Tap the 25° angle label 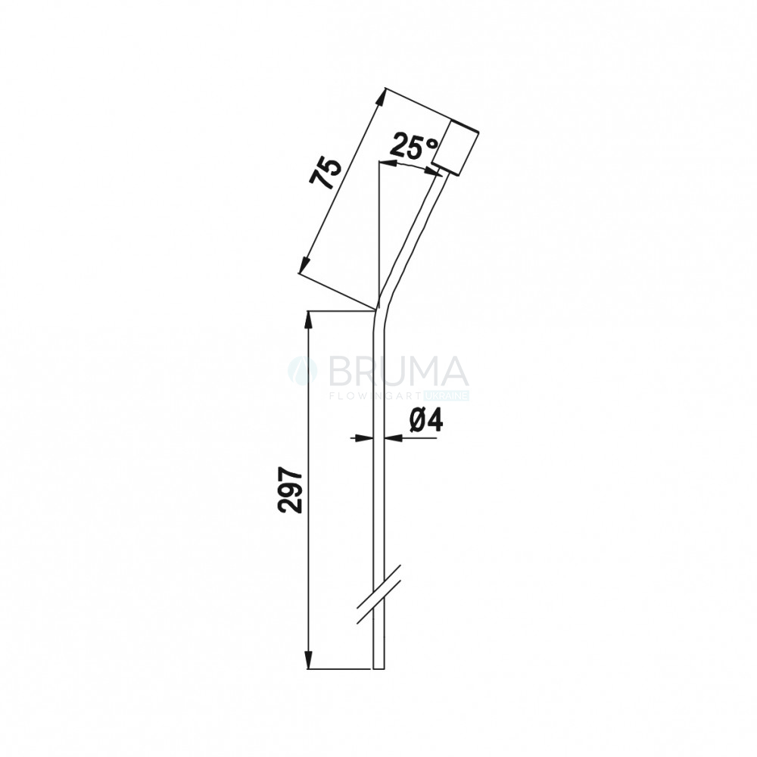415,145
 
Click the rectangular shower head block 455,148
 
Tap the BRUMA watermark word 398,372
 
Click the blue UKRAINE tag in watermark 447,397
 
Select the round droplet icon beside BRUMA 303,372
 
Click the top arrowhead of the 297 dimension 309,320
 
